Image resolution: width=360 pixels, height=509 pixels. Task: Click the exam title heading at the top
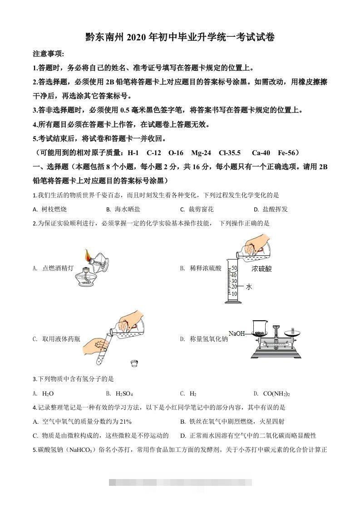[180, 37]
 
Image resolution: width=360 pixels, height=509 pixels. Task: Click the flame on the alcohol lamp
[89, 254]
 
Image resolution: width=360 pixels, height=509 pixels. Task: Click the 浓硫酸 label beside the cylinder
[262, 269]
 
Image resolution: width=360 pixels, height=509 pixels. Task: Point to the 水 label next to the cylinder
[248, 287]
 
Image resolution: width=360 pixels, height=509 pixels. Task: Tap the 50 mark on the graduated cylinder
[234, 268]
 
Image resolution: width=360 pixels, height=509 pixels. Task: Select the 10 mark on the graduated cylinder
[234, 294]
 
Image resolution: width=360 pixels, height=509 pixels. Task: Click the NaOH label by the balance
[237, 333]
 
